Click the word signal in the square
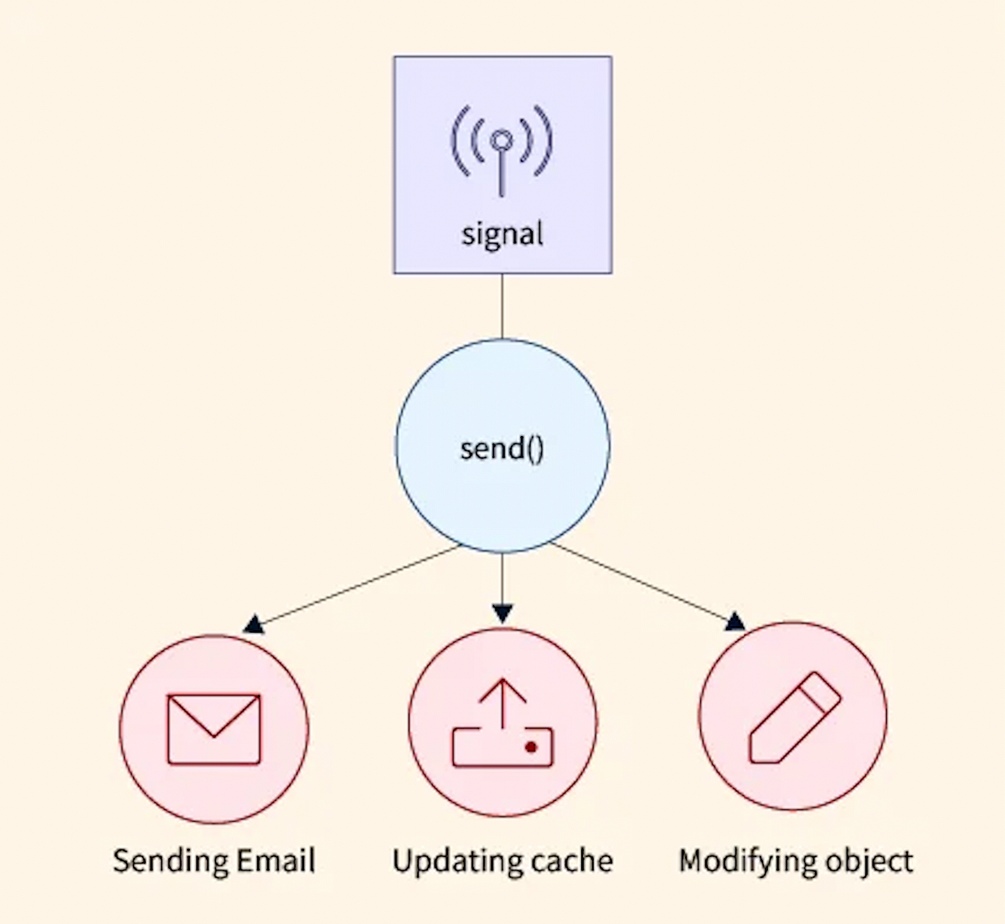coord(502,234)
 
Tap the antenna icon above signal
coord(502,151)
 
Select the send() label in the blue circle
coord(502,449)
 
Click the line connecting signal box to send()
coord(502,305)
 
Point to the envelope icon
coord(214,728)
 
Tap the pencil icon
coord(794,717)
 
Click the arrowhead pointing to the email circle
coord(254,624)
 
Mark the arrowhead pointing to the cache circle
coord(502,614)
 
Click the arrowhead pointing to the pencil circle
coord(734,621)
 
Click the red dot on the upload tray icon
coord(530,747)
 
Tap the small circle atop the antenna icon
coord(502,139)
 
